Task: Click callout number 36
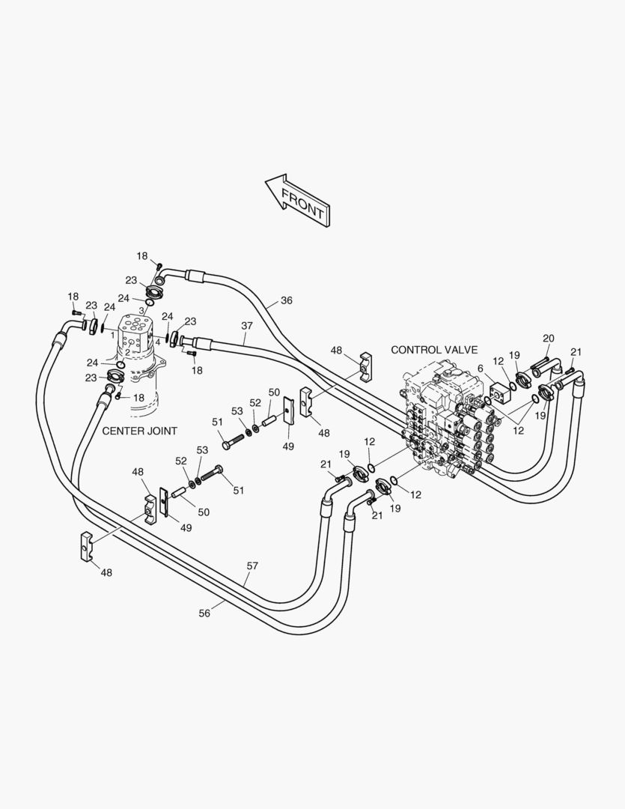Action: pos(287,300)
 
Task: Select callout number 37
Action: pos(247,326)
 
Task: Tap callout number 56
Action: pos(204,613)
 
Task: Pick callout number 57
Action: pos(252,566)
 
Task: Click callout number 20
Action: pos(548,339)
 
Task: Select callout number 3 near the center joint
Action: pos(141,310)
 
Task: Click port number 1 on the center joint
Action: pos(113,334)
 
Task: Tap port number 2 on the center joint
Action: pos(127,351)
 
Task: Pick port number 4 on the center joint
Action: pos(157,342)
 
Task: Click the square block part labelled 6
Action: pos(499,390)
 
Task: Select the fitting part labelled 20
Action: pos(540,368)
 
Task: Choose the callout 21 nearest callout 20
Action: pos(576,352)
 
